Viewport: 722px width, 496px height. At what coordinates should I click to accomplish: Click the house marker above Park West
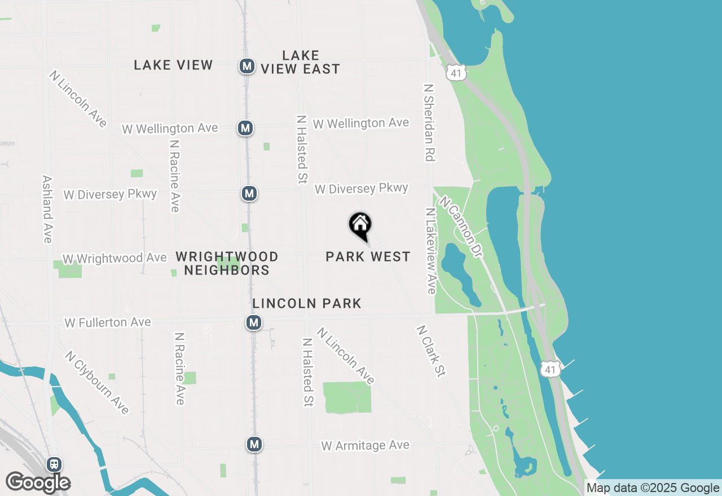pos(360,225)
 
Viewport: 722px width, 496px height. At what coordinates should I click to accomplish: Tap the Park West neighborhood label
pos(368,257)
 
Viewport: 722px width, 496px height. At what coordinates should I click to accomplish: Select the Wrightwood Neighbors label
pos(227,263)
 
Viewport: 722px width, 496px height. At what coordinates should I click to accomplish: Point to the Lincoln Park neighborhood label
pos(307,304)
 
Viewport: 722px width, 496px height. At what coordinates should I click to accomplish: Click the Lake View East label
pos(300,62)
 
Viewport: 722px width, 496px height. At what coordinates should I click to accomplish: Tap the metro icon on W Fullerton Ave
pos(254,323)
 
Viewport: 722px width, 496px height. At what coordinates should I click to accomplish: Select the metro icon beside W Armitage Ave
pos(254,444)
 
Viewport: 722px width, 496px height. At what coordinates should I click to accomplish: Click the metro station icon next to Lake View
pos(246,66)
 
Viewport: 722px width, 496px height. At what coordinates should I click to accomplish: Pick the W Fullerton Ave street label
pos(108,322)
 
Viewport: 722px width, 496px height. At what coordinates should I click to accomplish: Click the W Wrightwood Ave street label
pos(115,258)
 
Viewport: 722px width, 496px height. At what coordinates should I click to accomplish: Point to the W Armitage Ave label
pos(365,446)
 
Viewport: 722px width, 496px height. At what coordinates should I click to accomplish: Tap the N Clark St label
pos(432,351)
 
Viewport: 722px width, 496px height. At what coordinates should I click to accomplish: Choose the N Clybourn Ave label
pos(96,383)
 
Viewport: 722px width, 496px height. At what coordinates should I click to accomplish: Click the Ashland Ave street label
pos(47,209)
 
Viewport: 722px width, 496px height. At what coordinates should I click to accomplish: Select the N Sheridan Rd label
pos(430,123)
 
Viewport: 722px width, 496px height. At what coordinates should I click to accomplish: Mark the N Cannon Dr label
pos(461,227)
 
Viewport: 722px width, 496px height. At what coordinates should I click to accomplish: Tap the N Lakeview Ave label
pos(431,251)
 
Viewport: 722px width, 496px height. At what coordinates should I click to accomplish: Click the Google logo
pos(38,482)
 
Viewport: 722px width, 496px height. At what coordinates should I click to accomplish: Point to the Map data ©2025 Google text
pos(653,488)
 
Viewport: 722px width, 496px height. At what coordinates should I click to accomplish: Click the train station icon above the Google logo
pos(54,464)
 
